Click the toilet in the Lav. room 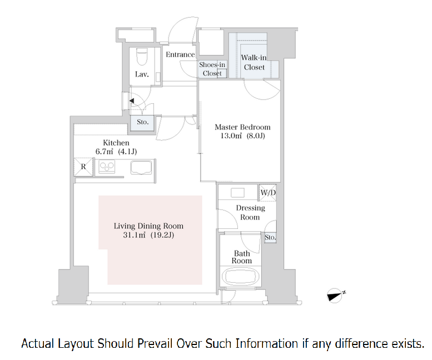142,57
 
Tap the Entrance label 180,54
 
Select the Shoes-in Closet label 212,69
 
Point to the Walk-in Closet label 254,62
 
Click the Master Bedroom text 242,127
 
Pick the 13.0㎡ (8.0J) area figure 242,136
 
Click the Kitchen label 116,143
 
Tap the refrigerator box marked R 83,167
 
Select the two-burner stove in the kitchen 107,167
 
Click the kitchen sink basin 141,167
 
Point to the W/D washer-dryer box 268,192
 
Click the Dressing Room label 250,212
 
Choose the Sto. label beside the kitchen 143,122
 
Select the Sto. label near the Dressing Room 270,238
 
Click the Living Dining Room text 148,226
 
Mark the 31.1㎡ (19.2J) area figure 148,235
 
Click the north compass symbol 335,296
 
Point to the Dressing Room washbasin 237,193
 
